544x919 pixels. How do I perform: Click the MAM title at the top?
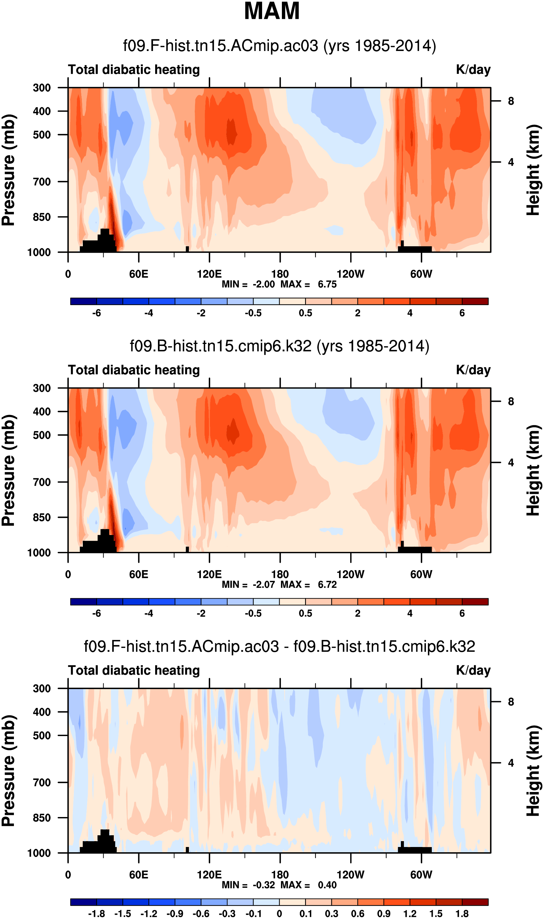pyautogui.click(x=272, y=11)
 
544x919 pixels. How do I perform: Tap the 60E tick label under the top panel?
pyautogui.click(x=138, y=274)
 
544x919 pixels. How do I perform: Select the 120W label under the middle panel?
pyautogui.click(x=351, y=574)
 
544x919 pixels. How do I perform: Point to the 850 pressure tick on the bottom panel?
pyautogui.click(x=42, y=818)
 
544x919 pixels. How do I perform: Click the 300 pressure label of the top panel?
pyautogui.click(x=42, y=88)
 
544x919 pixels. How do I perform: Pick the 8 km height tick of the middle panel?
pyautogui.click(x=511, y=402)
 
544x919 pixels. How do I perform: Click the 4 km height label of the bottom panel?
pyautogui.click(x=511, y=763)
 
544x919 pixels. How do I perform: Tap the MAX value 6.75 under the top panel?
pyautogui.click(x=327, y=284)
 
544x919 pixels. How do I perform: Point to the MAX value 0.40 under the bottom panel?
pyautogui.click(x=327, y=885)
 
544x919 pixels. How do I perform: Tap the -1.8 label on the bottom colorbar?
pyautogui.click(x=96, y=914)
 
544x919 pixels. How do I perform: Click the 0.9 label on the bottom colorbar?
pyautogui.click(x=384, y=914)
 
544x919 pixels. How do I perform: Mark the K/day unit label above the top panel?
pyautogui.click(x=473, y=70)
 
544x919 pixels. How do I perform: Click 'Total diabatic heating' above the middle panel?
pyautogui.click(x=134, y=370)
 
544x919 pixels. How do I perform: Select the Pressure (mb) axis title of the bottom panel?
pyautogui.click(x=8, y=770)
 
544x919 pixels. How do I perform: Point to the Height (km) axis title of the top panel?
pyautogui.click(x=533, y=170)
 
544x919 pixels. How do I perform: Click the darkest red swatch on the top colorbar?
pyautogui.click(x=475, y=301)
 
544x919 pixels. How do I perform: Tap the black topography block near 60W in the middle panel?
pyautogui.click(x=415, y=550)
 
